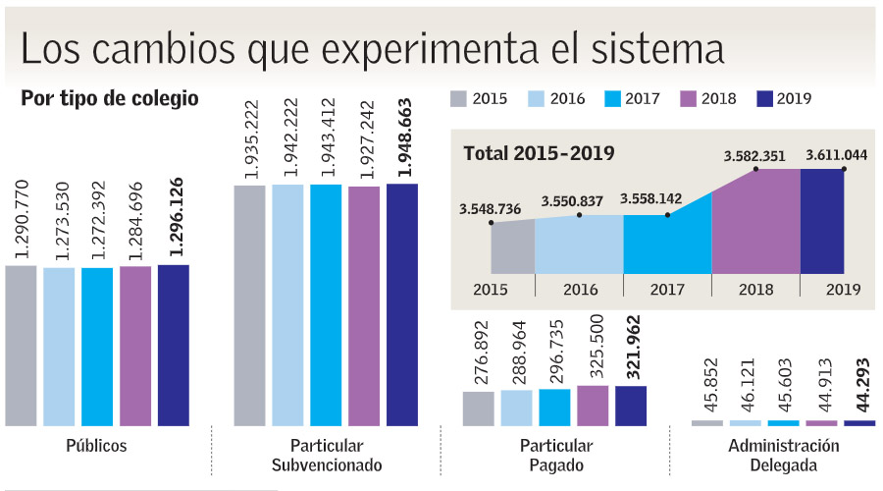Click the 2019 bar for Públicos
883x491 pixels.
coord(174,344)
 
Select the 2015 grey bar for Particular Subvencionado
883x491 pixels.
coord(249,304)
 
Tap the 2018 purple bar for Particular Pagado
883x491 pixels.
coord(593,405)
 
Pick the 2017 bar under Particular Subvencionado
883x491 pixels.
coord(326,304)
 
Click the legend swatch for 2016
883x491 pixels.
coord(537,98)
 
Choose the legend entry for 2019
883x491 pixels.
coord(784,98)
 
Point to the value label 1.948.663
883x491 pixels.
coord(402,137)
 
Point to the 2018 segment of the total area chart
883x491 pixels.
coord(755,226)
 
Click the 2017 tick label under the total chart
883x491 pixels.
coord(667,290)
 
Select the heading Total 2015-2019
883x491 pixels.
coord(539,153)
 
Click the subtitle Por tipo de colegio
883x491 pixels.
coord(110,99)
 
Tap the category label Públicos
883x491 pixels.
coord(96,445)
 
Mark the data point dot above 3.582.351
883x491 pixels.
coord(756,169)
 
